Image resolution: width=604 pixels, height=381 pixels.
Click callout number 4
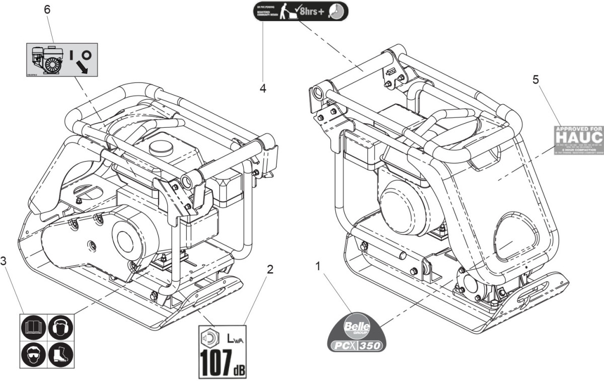click(x=263, y=88)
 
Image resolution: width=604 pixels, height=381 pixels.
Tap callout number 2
click(x=270, y=269)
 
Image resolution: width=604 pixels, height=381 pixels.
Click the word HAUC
click(x=579, y=136)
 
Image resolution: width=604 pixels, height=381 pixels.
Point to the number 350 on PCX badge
click(x=372, y=346)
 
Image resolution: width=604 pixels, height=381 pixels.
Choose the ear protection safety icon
click(x=60, y=328)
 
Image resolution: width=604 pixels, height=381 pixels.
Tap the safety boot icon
click(x=60, y=355)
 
